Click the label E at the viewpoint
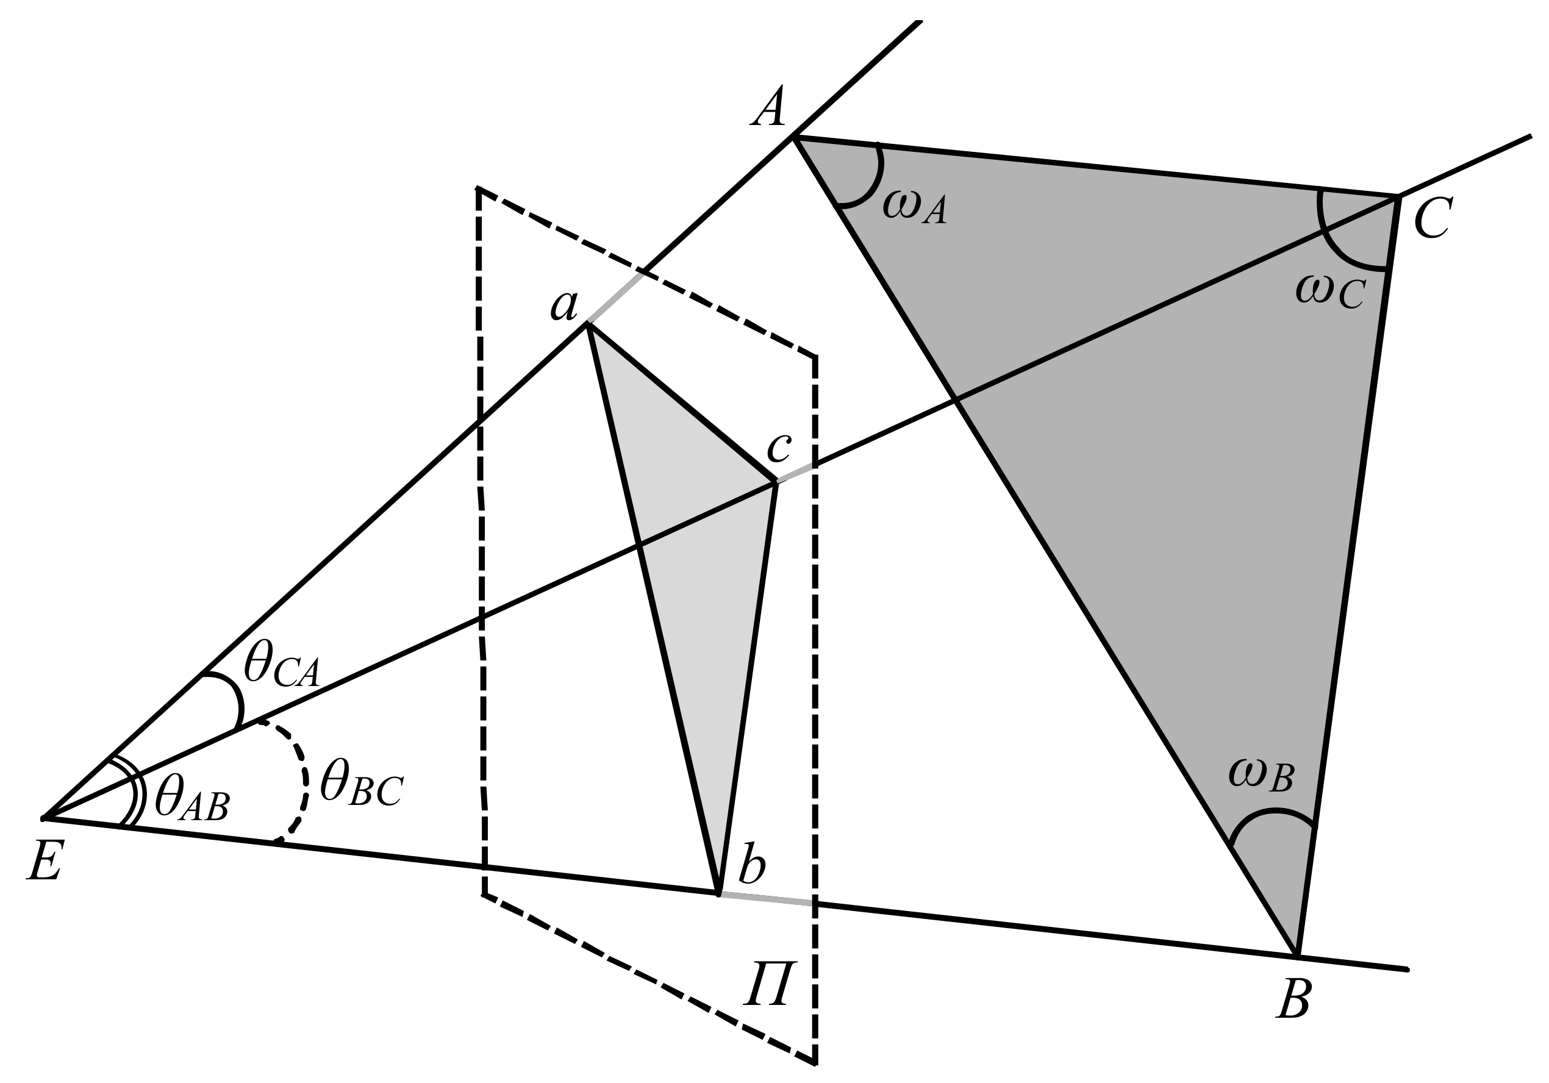tap(45, 861)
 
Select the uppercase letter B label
tap(1293, 998)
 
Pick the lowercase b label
tap(751, 864)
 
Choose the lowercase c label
tap(779, 447)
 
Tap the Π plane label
tap(770, 984)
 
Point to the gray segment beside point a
tap(615, 298)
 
